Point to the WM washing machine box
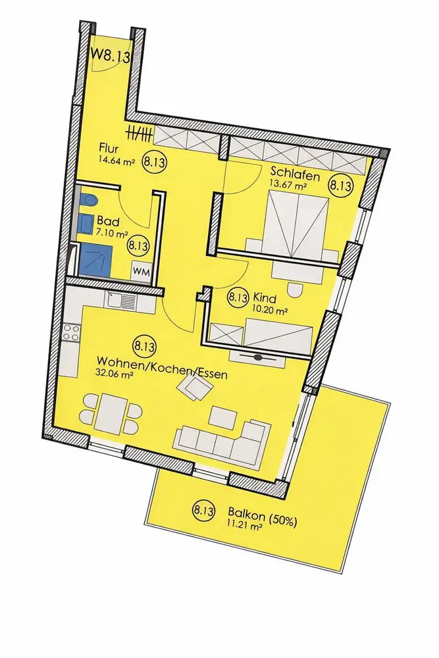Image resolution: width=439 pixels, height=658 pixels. pyautogui.click(x=140, y=270)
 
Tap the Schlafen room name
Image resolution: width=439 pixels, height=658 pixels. pyautogui.click(x=295, y=175)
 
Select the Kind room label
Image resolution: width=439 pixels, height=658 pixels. pyautogui.click(x=263, y=297)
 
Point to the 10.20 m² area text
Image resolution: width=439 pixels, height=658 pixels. pyautogui.click(x=271, y=308)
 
